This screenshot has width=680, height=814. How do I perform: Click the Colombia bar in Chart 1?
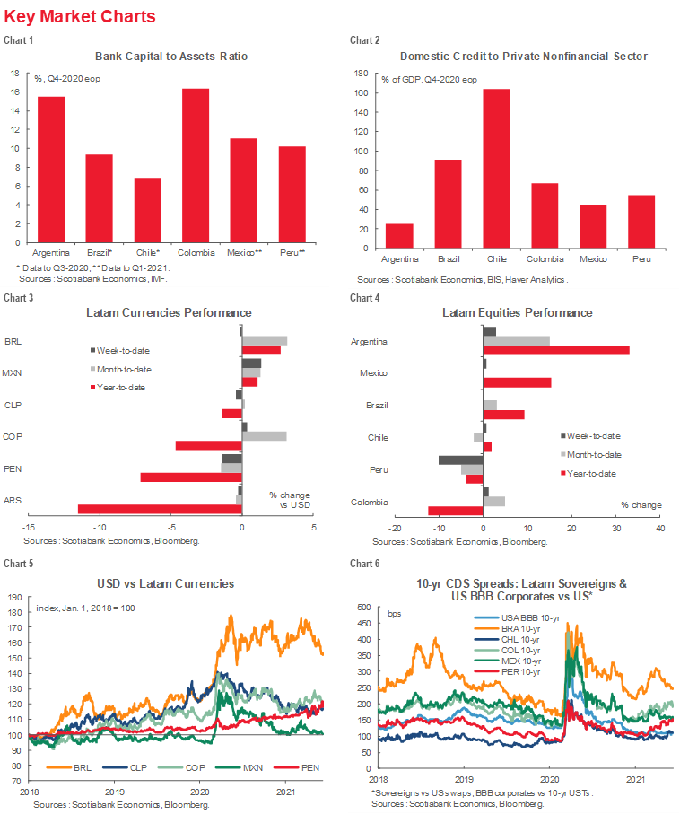(x=196, y=166)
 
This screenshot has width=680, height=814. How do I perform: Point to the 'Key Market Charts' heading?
(x=80, y=17)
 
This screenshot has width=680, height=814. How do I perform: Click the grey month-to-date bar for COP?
(x=266, y=436)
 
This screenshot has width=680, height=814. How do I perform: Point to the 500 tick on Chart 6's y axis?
(x=364, y=608)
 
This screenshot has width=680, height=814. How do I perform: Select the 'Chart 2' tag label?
(x=364, y=40)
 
